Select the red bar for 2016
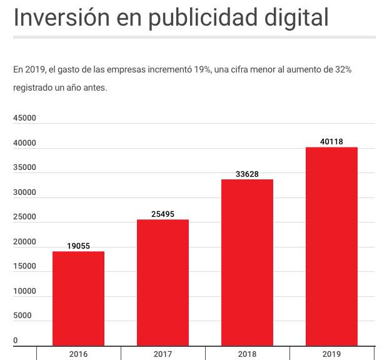[78, 298]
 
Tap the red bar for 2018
[247, 262]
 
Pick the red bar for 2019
[331, 246]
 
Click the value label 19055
[79, 246]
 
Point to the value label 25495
[163, 214]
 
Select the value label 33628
[247, 174]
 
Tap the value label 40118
[331, 142]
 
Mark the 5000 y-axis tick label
[23, 316]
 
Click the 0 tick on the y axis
[16, 341]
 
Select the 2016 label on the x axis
[79, 354]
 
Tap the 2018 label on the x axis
[247, 354]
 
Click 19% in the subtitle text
[202, 69]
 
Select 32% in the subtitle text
[343, 69]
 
